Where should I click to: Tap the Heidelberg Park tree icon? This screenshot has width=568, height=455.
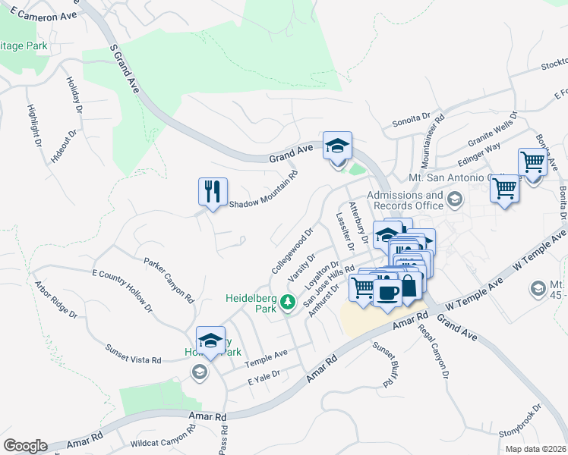pyautogui.click(x=287, y=303)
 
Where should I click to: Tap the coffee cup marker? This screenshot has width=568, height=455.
pyautogui.click(x=388, y=292)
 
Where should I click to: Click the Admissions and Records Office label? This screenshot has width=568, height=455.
pyautogui.click(x=405, y=200)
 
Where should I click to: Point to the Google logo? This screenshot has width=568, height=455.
pyautogui.click(x=25, y=446)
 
